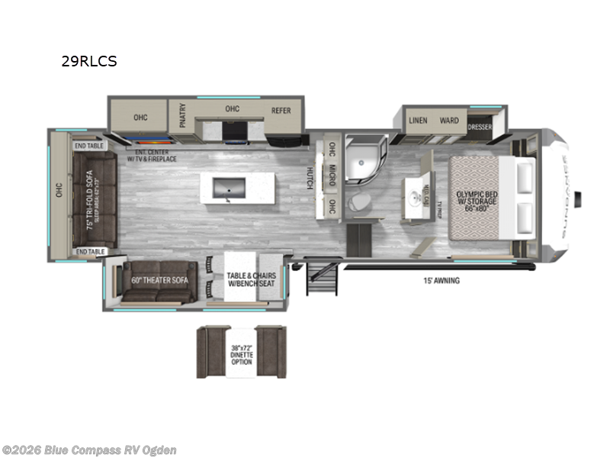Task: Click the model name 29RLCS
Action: pos(89,62)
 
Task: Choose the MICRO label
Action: pos(332,176)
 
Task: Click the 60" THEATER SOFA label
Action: pos(160,280)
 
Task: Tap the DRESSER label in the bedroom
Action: pos(480,126)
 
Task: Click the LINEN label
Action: pos(418,121)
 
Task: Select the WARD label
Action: pos(449,121)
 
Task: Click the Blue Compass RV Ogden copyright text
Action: pos(89,450)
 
